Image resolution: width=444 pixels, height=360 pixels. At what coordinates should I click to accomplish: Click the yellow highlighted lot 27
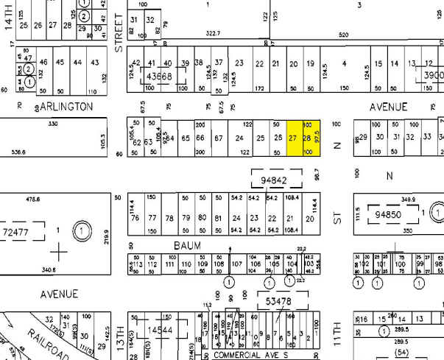coord(293,138)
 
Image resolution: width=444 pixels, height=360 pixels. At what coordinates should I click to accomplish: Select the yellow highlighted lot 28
coord(307,138)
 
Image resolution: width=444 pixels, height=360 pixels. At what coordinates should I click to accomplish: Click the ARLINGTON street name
coord(66,107)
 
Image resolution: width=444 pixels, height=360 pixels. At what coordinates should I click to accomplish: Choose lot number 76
coord(134,218)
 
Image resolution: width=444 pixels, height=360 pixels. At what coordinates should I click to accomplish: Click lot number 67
coord(218,138)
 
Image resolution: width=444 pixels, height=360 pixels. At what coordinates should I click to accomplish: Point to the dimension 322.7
coord(213,33)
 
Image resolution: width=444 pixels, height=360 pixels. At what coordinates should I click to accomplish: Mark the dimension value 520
coord(343,34)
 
